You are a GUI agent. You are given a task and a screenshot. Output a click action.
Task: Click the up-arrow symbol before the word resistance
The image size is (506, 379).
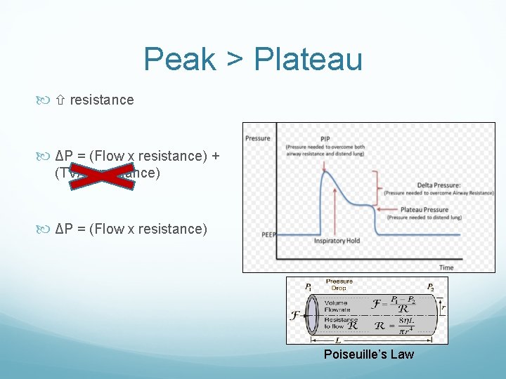tap(60, 100)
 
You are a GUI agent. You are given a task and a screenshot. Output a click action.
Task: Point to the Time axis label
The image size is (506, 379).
tap(446, 267)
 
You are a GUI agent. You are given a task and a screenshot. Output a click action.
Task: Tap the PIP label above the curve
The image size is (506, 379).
tap(325, 138)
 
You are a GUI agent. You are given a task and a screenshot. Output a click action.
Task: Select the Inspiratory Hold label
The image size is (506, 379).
tap(337, 241)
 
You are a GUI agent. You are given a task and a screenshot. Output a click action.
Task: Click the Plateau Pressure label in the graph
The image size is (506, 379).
tap(424, 209)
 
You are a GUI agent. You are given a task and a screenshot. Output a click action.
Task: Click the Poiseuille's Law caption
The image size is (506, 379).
tap(369, 354)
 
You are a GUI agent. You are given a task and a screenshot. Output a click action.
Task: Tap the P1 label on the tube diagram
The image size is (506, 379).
tap(309, 287)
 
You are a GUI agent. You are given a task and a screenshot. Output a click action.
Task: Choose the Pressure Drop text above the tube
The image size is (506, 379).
tap(339, 284)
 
